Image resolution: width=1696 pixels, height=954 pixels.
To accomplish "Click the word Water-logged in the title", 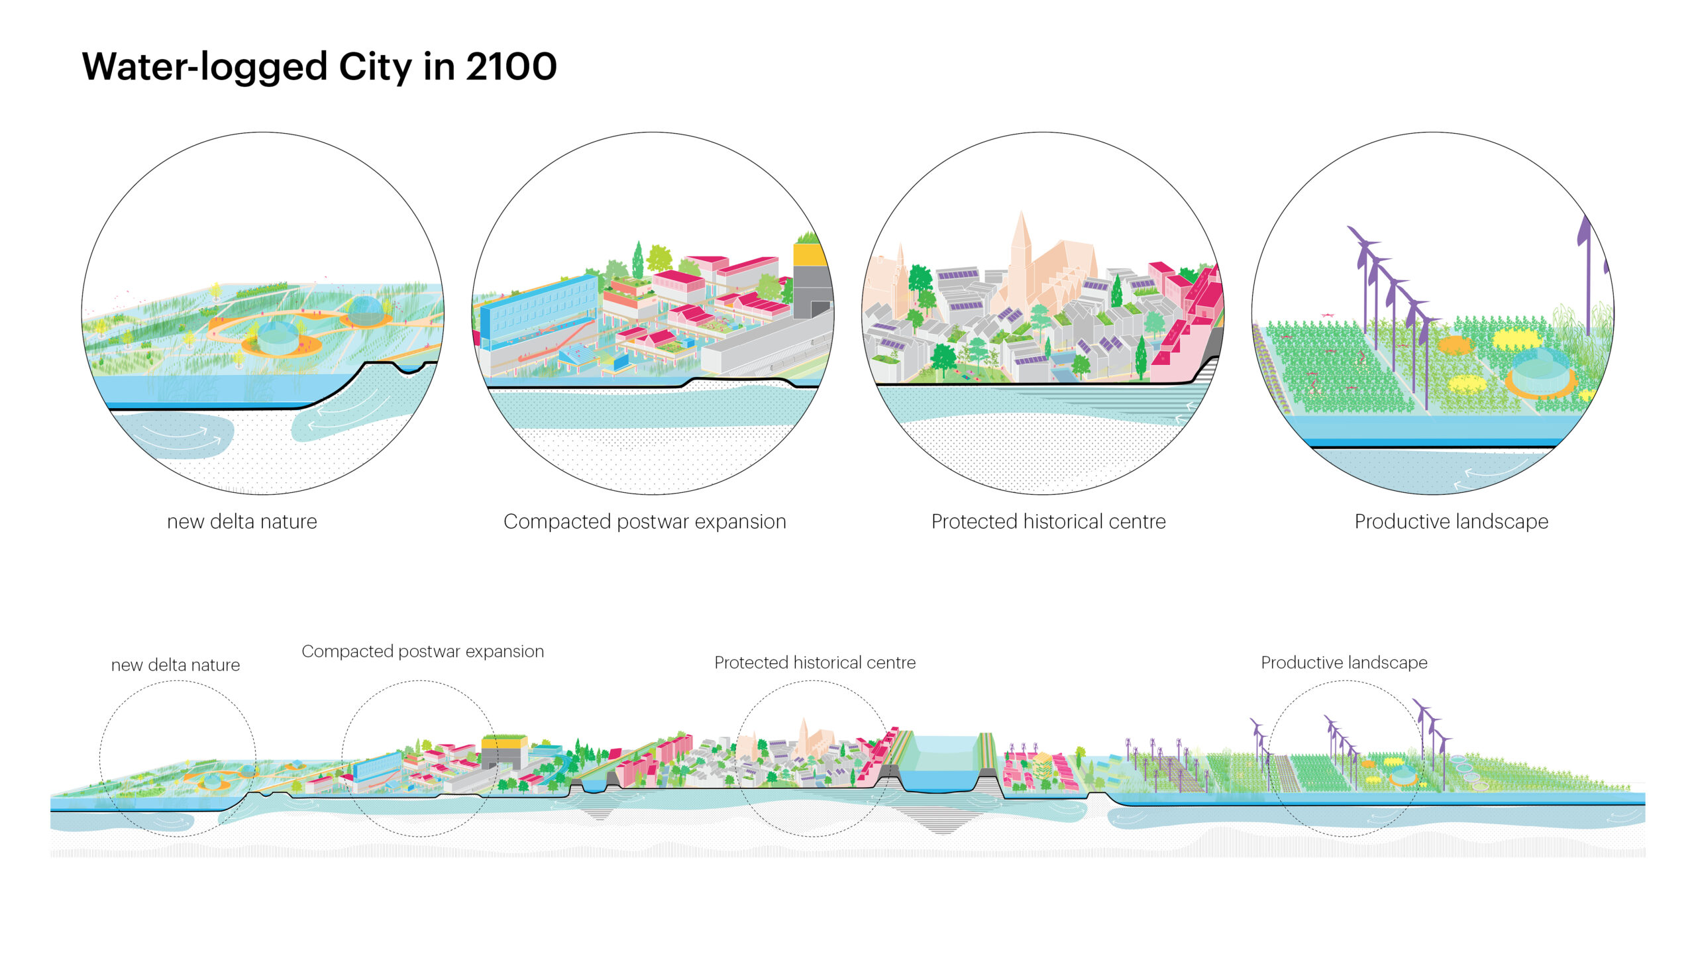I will pyautogui.click(x=205, y=67).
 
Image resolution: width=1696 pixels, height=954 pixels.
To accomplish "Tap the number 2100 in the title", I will pyautogui.click(x=511, y=67).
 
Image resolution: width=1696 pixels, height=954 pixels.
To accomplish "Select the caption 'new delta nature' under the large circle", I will pyautogui.click(x=242, y=521).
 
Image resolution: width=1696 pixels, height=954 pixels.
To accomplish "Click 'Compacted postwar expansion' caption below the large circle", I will pyautogui.click(x=645, y=521).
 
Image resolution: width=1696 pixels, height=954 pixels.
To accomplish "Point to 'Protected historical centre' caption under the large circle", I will pyautogui.click(x=1048, y=521).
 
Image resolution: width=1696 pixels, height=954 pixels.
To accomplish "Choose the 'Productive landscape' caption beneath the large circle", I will pyautogui.click(x=1451, y=521).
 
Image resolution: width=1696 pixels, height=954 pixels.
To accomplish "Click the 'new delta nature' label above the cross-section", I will pyautogui.click(x=176, y=664).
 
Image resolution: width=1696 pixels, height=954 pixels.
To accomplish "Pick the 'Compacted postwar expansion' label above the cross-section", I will pyautogui.click(x=423, y=651).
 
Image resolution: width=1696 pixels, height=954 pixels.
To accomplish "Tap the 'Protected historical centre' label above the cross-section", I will pyautogui.click(x=815, y=662).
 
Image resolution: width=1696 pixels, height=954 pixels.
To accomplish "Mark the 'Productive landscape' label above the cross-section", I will pyautogui.click(x=1344, y=662).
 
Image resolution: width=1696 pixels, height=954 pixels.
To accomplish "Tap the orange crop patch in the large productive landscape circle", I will pyautogui.click(x=1455, y=344).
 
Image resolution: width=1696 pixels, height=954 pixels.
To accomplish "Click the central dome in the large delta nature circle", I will pyautogui.click(x=278, y=337).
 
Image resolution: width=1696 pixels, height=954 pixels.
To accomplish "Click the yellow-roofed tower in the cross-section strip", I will pyautogui.click(x=503, y=749).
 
